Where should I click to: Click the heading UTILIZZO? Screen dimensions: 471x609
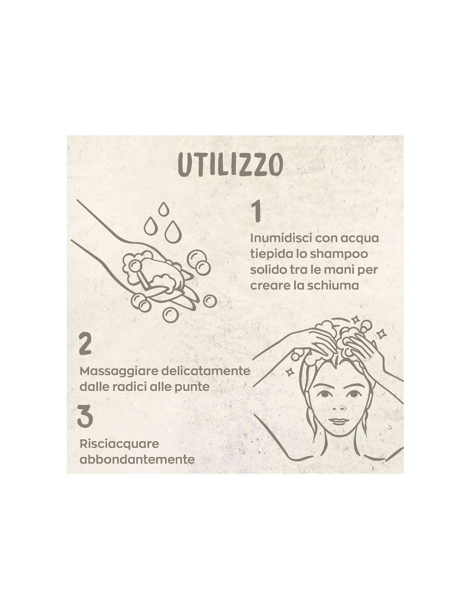pyautogui.click(x=230, y=166)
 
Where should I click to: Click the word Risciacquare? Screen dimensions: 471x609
pyautogui.click(x=119, y=445)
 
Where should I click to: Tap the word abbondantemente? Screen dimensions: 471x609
pyautogui.click(x=137, y=460)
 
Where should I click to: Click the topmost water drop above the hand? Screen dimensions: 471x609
pyautogui.click(x=163, y=209)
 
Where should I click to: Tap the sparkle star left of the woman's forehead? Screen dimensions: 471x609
pyautogui.click(x=289, y=371)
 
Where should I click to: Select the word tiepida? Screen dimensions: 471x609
pyautogui.click(x=269, y=255)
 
